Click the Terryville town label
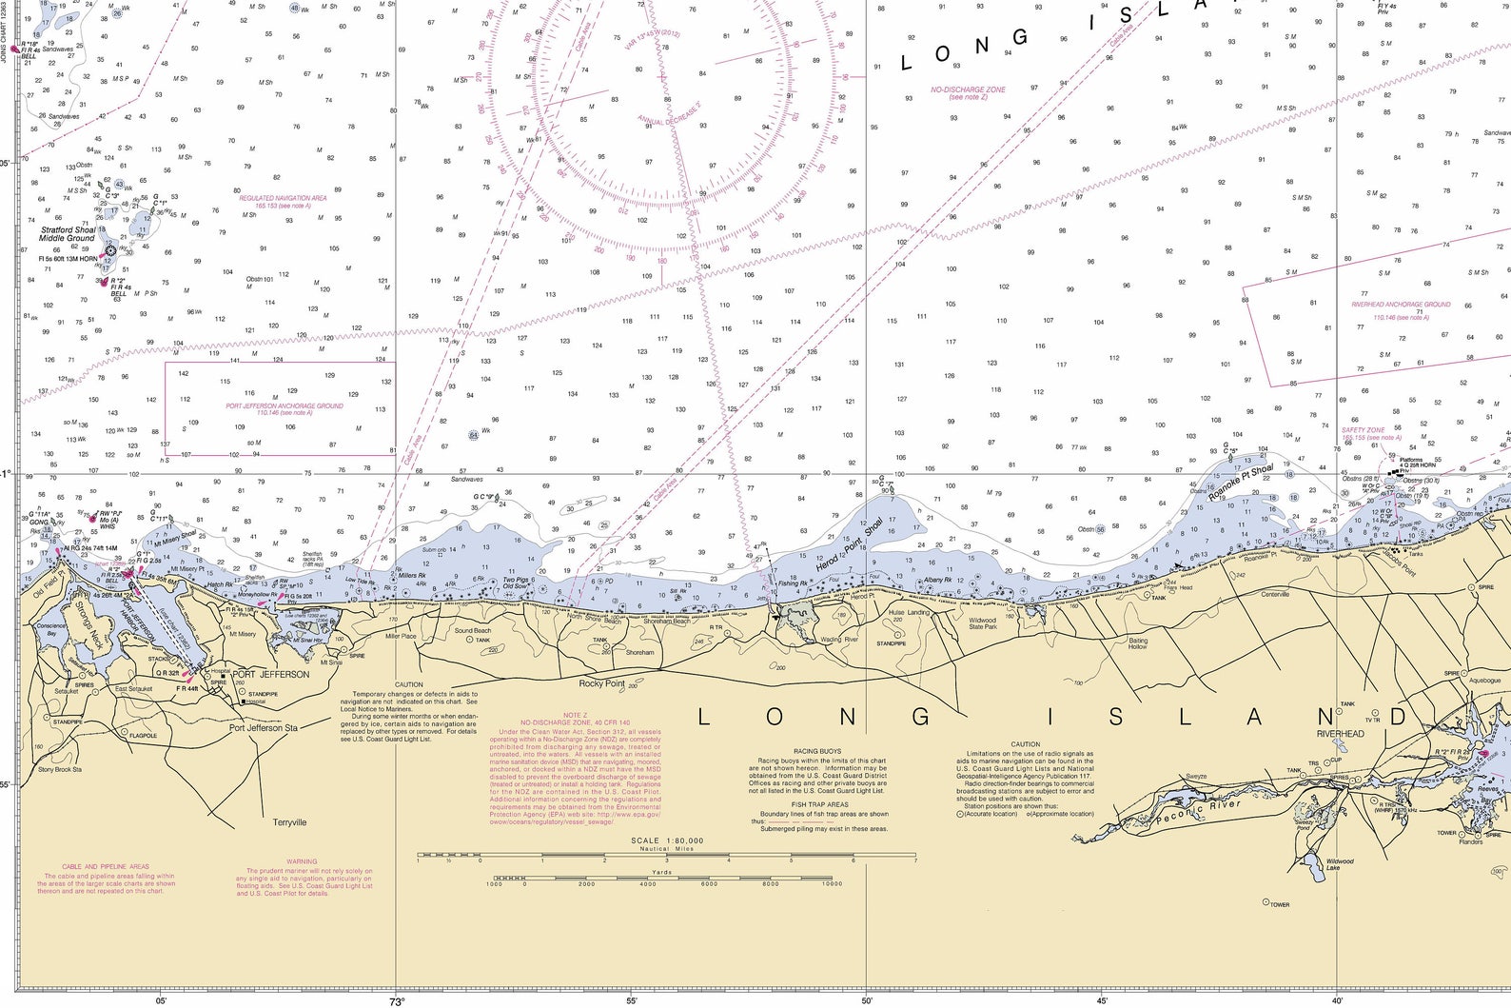289,822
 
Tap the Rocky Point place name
602,683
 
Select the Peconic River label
1199,810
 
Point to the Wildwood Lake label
1340,864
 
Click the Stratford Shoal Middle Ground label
68,234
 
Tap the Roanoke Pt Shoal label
1240,483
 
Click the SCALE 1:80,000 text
667,840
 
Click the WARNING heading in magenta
302,862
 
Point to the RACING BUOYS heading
816,752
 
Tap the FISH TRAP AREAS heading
819,804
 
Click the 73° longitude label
397,1000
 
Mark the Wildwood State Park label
983,623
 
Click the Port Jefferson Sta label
264,728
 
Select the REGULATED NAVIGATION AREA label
283,198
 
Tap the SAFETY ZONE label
1363,430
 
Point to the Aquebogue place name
1484,681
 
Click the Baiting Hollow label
1138,643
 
